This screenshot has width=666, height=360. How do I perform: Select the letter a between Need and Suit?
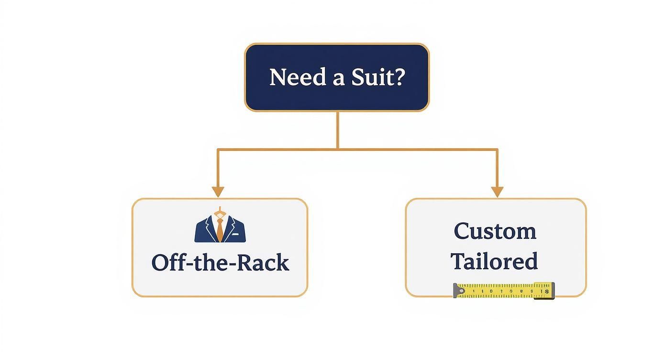coord(338,79)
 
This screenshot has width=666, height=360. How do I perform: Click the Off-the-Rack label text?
coord(220,263)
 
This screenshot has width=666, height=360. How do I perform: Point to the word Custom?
coord(495,232)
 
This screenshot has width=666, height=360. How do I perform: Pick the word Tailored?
coord(494,261)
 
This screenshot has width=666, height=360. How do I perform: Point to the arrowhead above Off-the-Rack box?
coord(218,192)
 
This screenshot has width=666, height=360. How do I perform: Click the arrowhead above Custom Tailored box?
coord(497,192)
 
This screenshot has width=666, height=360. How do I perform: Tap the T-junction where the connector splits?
coord(338,149)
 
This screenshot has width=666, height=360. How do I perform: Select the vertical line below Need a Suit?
coord(338,130)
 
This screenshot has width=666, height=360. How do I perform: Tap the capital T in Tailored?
coord(458,261)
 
